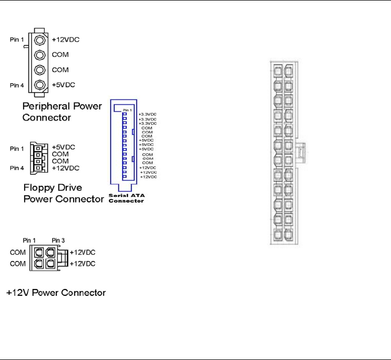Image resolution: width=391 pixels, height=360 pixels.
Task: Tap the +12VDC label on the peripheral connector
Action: point(66,39)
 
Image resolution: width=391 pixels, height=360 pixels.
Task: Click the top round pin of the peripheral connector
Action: point(39,40)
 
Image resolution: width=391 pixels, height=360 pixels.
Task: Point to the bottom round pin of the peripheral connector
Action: point(39,85)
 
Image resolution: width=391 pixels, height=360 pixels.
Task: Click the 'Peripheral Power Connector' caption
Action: point(62,112)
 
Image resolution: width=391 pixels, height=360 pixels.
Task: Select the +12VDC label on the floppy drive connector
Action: point(66,168)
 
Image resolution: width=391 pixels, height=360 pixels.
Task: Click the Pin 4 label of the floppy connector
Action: point(17,168)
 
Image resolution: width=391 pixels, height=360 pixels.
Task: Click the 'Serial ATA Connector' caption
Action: point(126,197)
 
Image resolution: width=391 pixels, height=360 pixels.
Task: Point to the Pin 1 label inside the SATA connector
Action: point(127,110)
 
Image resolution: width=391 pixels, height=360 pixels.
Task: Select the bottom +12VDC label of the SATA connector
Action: point(149,177)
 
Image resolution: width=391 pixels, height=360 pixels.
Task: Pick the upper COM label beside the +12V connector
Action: point(17,252)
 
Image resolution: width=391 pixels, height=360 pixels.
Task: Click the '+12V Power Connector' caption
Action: point(56,292)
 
